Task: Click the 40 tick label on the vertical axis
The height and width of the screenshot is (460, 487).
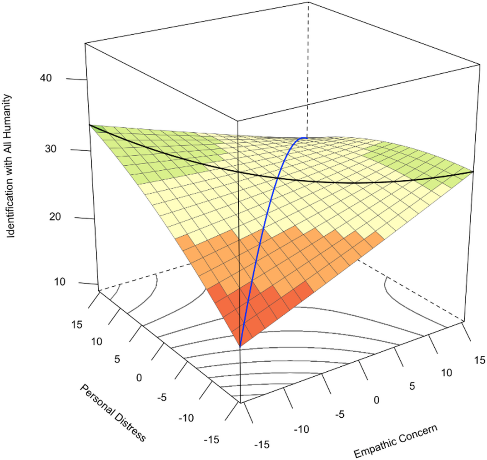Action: click(46, 78)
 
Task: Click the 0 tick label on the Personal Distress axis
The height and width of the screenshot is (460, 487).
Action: click(139, 378)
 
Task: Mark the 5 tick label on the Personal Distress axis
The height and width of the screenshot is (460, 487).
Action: click(117, 359)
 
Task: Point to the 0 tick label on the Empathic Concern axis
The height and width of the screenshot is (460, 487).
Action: click(377, 399)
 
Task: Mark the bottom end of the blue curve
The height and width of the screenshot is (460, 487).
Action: click(240, 346)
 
